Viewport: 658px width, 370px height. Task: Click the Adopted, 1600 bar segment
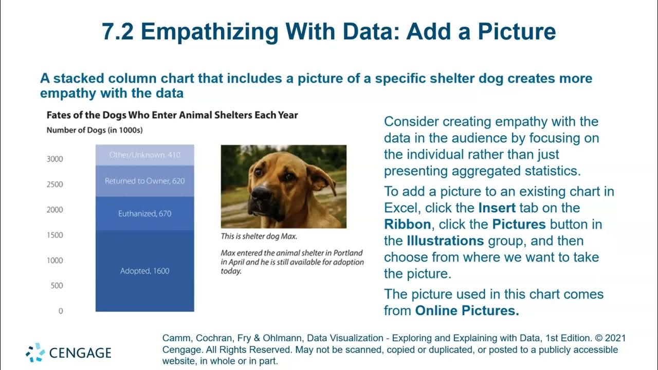click(144, 271)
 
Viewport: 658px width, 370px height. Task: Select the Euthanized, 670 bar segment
click(144, 213)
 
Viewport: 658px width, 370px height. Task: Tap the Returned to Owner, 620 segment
click(144, 181)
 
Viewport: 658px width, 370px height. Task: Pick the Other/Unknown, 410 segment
click(144, 155)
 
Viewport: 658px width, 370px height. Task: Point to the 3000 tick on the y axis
click(54, 159)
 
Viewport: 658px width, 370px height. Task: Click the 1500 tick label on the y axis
click(54, 235)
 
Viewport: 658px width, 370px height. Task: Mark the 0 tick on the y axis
click(60, 311)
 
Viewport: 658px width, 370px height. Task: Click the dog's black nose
click(262, 194)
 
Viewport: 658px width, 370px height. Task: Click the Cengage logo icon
click(35, 353)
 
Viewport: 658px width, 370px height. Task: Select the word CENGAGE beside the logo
click(80, 353)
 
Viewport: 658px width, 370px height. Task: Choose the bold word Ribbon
click(408, 225)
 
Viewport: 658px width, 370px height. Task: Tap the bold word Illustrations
click(445, 241)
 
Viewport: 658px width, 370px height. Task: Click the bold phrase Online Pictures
click(467, 310)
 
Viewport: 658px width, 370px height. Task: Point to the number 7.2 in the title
click(118, 32)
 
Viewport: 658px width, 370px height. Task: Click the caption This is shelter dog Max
click(259, 236)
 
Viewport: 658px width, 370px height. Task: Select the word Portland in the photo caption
click(348, 253)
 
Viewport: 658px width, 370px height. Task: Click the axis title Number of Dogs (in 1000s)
click(95, 130)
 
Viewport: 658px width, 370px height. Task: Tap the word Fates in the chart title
click(59, 115)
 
